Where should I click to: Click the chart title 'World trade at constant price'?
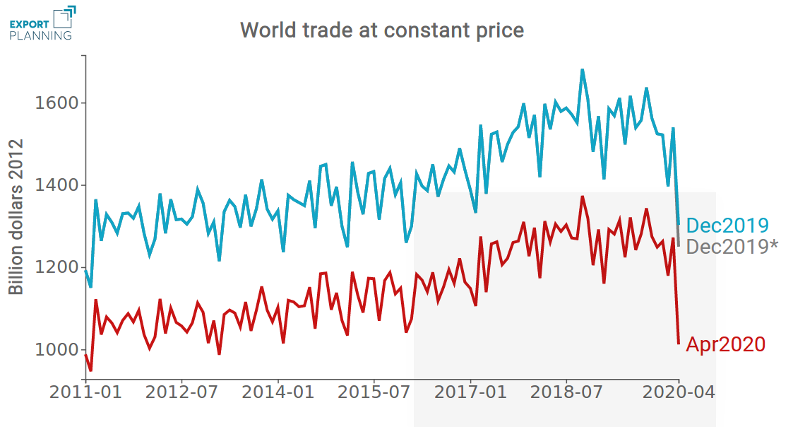(x=382, y=30)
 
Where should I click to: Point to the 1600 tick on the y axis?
(x=56, y=103)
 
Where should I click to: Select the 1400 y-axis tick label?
(x=56, y=186)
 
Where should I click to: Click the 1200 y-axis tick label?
(x=56, y=268)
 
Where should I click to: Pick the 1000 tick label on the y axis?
(x=56, y=351)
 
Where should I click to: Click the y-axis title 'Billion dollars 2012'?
(x=16, y=217)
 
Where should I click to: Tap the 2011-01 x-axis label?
(x=85, y=392)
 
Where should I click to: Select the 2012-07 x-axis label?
(x=181, y=392)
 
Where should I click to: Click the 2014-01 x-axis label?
(x=278, y=392)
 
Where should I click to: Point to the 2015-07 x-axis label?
(x=374, y=392)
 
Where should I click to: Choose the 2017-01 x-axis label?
(x=471, y=392)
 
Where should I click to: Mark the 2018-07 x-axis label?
(x=568, y=392)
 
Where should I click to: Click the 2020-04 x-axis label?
(x=679, y=392)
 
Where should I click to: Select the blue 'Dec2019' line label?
(x=727, y=226)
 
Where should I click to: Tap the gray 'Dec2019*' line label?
(x=732, y=247)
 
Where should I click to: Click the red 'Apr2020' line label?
(x=726, y=344)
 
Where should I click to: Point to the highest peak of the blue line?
(x=582, y=70)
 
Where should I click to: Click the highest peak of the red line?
(x=582, y=197)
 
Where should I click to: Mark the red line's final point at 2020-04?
(x=679, y=344)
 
